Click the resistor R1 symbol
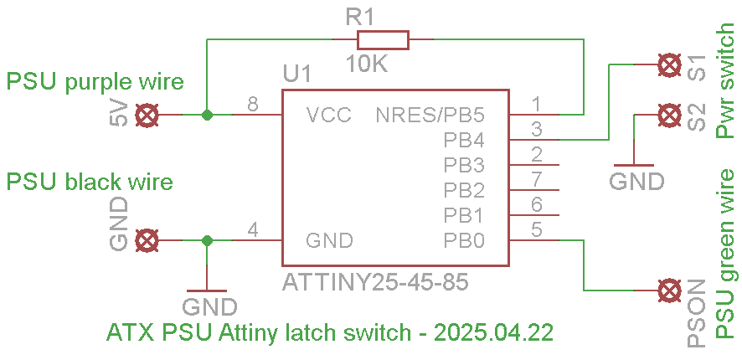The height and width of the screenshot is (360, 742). (383, 39)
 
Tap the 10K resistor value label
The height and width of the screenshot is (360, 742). (367, 64)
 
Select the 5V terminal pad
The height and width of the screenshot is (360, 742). (147, 115)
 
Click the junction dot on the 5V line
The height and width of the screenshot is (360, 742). (207, 115)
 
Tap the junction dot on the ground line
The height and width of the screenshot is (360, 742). (207, 241)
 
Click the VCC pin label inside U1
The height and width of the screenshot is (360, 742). (329, 115)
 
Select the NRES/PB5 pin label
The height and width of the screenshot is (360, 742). (430, 115)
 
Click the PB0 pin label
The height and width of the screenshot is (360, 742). (464, 241)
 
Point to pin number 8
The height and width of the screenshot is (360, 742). (253, 104)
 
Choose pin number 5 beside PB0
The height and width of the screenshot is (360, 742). (536, 230)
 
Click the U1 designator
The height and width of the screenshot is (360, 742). (296, 75)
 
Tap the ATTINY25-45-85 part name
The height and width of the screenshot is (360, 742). (375, 282)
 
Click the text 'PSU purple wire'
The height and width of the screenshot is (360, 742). (95, 83)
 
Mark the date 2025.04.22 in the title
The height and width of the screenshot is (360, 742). (493, 333)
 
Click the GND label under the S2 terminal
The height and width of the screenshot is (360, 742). (636, 181)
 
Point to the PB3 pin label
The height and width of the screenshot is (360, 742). (464, 165)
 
